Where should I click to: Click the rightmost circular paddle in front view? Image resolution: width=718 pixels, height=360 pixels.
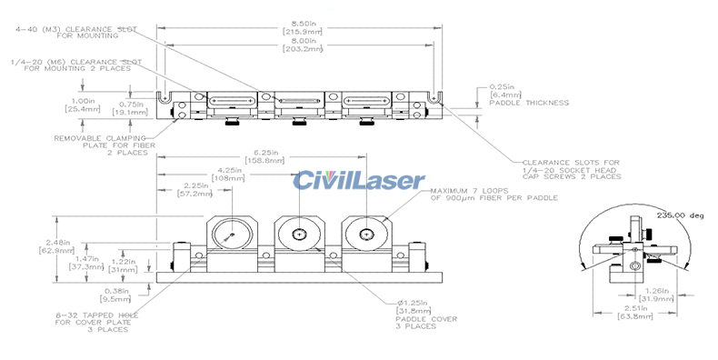tap(364, 235)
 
